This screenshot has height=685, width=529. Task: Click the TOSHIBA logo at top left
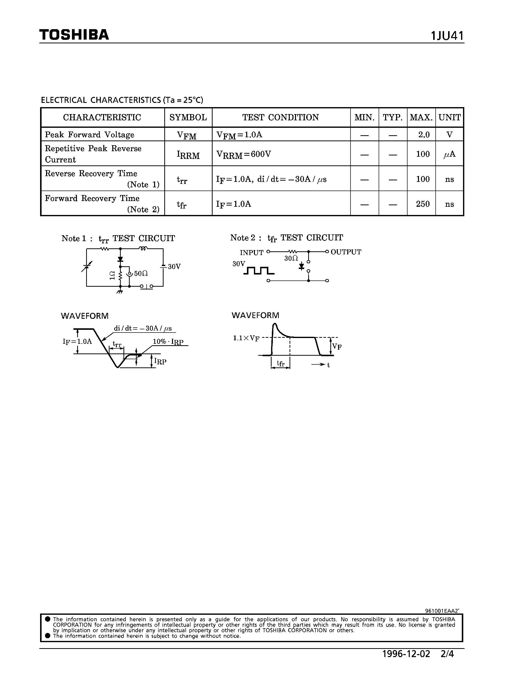pyautogui.click(x=74, y=35)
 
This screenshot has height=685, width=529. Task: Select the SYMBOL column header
pyautogui.click(x=188, y=117)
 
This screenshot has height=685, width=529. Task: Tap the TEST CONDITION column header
pyautogui.click(x=281, y=117)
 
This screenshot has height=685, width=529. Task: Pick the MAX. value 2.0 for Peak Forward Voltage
pyautogui.click(x=423, y=135)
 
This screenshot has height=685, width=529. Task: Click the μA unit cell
pyautogui.click(x=449, y=154)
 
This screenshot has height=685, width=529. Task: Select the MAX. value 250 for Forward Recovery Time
pyautogui.click(x=422, y=204)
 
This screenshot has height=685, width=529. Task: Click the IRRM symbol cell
pyautogui.click(x=188, y=155)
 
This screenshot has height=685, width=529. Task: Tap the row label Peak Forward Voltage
pyautogui.click(x=89, y=135)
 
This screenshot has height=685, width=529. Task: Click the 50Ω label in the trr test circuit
pyautogui.click(x=141, y=274)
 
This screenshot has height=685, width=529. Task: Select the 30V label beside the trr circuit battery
pyautogui.click(x=174, y=267)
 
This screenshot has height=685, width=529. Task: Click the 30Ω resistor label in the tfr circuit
pyautogui.click(x=291, y=258)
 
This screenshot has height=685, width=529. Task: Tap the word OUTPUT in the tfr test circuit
pyautogui.click(x=346, y=252)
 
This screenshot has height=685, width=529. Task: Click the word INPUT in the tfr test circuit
pyautogui.click(x=251, y=253)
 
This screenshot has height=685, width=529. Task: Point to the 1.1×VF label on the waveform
pyautogui.click(x=246, y=338)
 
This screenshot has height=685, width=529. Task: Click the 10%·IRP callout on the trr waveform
pyautogui.click(x=168, y=342)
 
